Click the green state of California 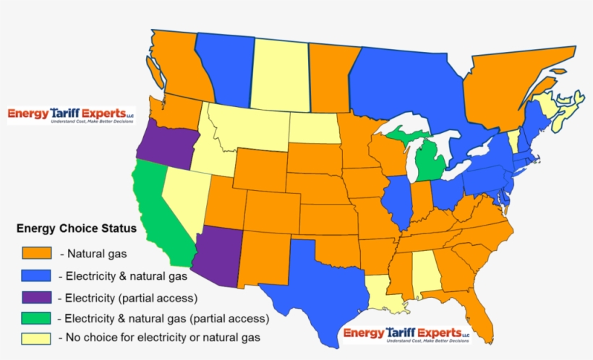[153, 202]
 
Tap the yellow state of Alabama [425, 278]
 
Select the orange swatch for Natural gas [36, 252]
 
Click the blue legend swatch [36, 275]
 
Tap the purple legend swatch [36, 296]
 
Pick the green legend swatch [36, 318]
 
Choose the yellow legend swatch [36, 338]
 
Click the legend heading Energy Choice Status [76, 229]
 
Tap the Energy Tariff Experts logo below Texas [406, 334]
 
